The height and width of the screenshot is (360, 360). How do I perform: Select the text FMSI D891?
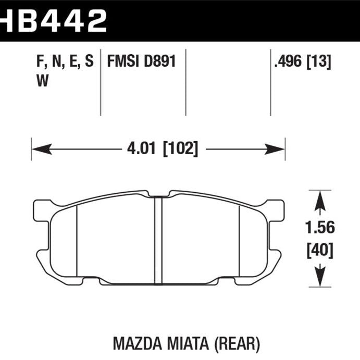tap(141, 63)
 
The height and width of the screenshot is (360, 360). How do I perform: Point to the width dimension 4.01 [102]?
tap(162, 149)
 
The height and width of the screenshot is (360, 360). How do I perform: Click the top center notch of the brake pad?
tap(158, 194)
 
